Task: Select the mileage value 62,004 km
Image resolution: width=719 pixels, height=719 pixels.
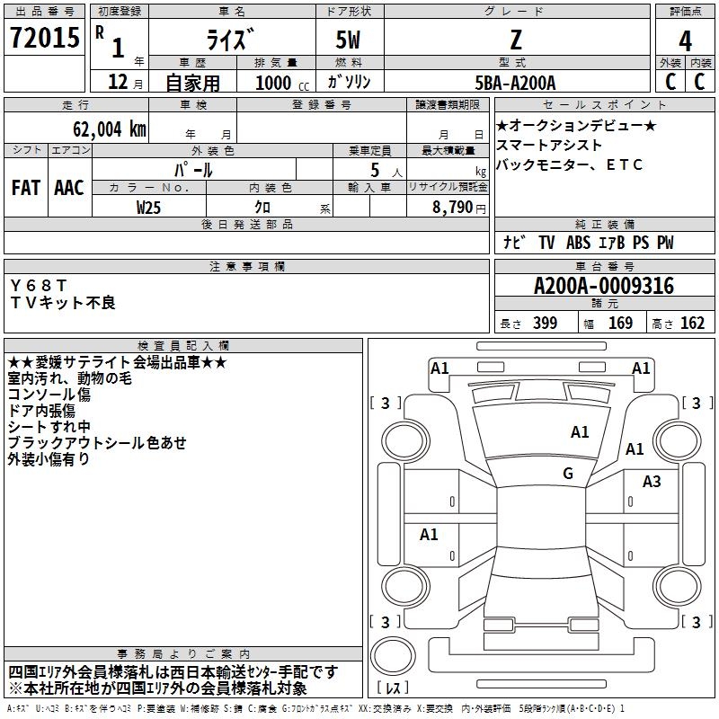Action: click(x=103, y=129)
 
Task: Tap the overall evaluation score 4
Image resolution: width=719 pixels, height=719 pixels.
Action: click(x=685, y=40)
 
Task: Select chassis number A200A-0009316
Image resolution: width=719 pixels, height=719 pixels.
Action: click(x=603, y=287)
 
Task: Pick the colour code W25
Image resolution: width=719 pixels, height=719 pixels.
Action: click(x=149, y=207)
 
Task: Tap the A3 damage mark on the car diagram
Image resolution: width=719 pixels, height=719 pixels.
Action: click(x=652, y=482)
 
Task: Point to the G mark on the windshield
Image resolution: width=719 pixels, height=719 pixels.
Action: click(x=568, y=474)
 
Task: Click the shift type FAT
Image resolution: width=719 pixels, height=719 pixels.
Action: click(x=26, y=188)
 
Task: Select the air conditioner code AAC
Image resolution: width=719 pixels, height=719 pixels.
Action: click(x=69, y=188)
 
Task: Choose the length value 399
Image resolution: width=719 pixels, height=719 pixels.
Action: click(x=545, y=324)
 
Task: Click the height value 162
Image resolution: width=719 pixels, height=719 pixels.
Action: click(x=692, y=324)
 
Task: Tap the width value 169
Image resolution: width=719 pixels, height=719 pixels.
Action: click(x=620, y=324)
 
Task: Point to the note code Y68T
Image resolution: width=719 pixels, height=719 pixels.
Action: click(x=39, y=286)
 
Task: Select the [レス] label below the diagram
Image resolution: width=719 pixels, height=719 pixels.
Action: click(x=395, y=688)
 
